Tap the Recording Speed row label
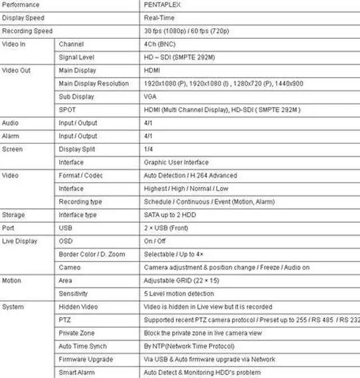pyautogui.click(x=27, y=31)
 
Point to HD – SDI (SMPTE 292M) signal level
pyautogui.click(x=179, y=57)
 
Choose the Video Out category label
pyautogui.click(x=16, y=70)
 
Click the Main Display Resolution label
pyautogui.click(x=94, y=84)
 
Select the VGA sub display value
pyautogui.click(x=150, y=97)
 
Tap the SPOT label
pyautogui.click(x=67, y=110)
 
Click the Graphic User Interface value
pyautogui.click(x=176, y=163)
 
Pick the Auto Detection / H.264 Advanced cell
pyautogui.click(x=190, y=175)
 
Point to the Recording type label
pyautogui.click(x=80, y=202)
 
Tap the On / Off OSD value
pyautogui.click(x=155, y=241)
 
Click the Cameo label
pyautogui.click(x=69, y=268)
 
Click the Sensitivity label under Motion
pyautogui.click(x=73, y=294)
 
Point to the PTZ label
pyautogui.click(x=65, y=320)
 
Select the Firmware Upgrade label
pyautogui.click(x=85, y=359)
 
